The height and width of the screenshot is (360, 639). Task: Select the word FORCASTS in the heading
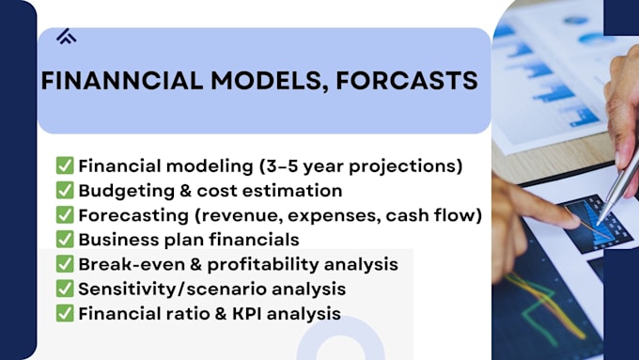(407, 80)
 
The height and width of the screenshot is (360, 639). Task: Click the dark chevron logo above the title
(67, 37)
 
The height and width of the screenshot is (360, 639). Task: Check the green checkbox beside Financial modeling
(65, 165)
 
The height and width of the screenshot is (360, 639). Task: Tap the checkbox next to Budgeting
(65, 191)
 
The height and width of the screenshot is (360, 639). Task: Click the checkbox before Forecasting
(65, 215)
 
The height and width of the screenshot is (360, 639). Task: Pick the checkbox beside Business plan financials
(65, 240)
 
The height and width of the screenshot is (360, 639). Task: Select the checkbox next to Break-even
(65, 264)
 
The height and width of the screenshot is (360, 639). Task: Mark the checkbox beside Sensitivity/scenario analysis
(65, 289)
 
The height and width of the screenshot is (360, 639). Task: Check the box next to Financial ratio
(65, 314)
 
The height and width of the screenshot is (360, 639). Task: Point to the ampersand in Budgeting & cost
(185, 191)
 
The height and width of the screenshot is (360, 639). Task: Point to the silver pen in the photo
(617, 188)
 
